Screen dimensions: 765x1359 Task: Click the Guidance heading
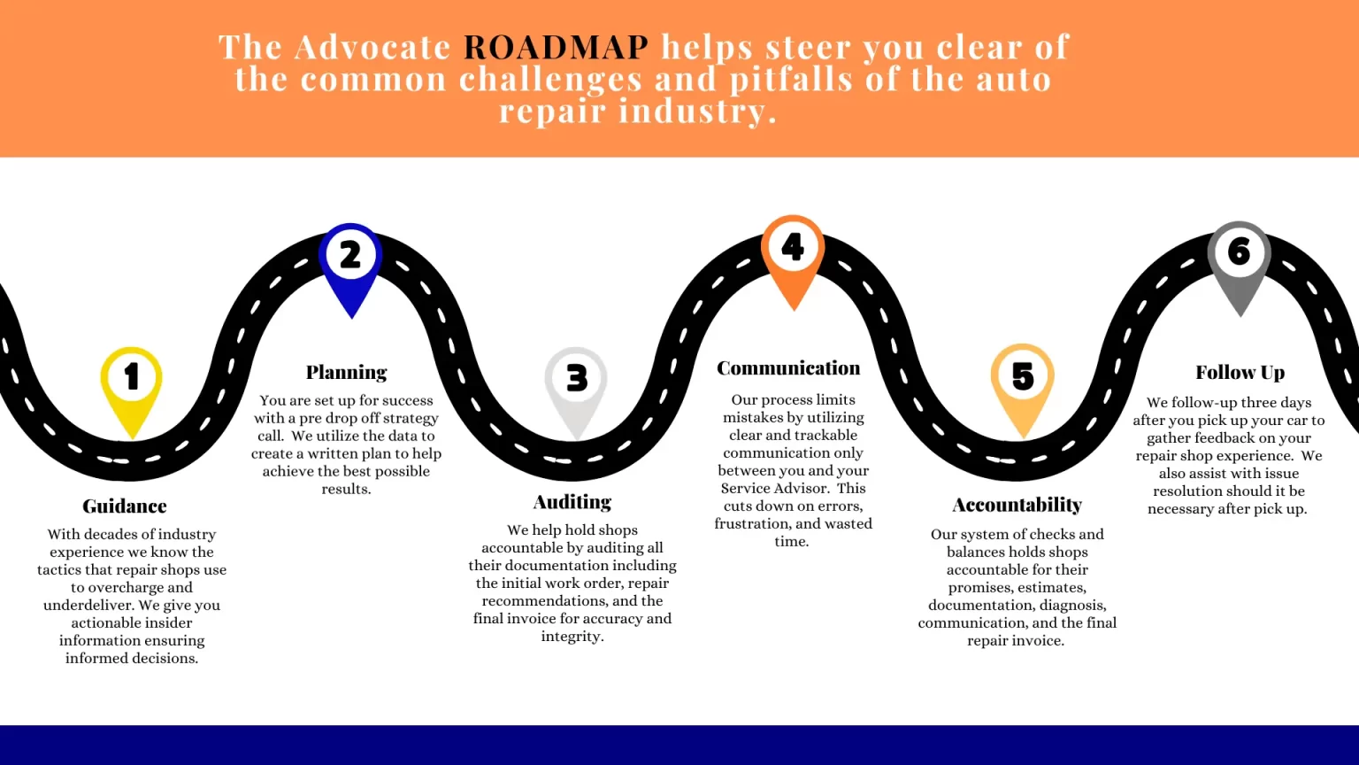point(125,506)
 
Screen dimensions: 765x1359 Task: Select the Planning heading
point(347,373)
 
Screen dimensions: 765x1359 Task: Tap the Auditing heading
point(572,502)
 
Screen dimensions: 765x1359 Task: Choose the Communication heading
point(788,368)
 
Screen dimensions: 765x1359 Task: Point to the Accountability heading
point(1017,505)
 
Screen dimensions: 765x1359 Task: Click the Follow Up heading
point(1240,373)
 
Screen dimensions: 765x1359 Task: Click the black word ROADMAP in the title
point(556,46)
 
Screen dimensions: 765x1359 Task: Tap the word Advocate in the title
point(372,46)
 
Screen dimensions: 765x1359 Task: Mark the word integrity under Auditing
point(572,636)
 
